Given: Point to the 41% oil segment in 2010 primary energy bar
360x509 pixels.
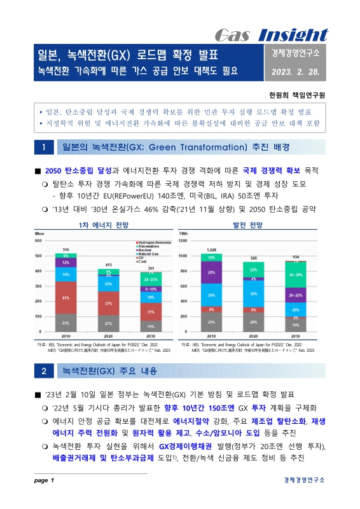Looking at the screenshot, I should (x=65, y=297).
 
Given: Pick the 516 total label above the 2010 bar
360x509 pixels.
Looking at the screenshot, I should (x=65, y=249).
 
